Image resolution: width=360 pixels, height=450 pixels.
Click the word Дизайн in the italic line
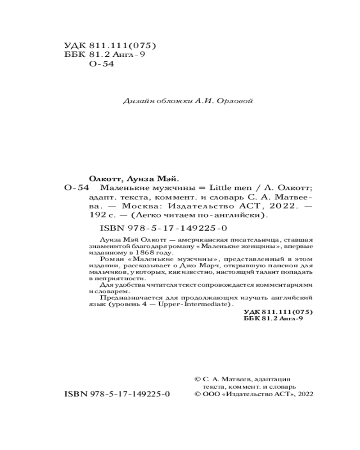[x=135, y=101]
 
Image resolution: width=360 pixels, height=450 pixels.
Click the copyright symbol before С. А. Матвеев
[x=196, y=379]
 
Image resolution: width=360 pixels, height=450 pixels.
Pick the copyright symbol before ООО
[x=196, y=393]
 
